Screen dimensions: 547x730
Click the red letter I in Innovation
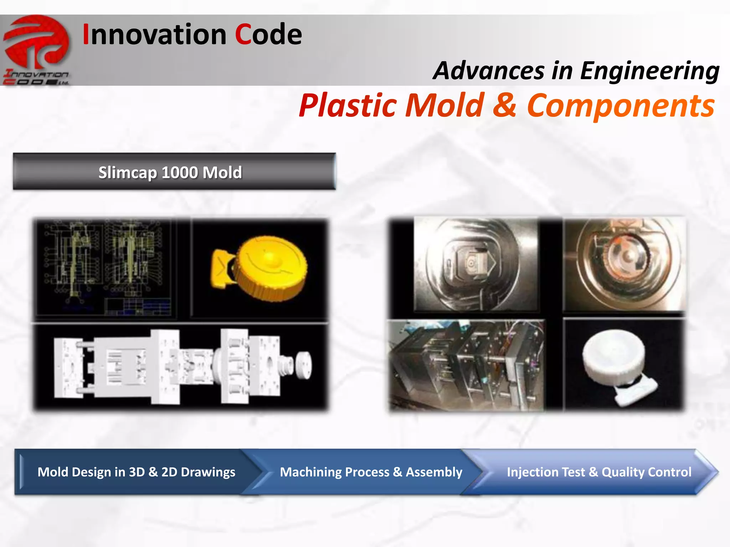click(86, 35)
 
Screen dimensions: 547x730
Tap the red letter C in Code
click(243, 35)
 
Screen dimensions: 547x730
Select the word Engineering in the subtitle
click(649, 71)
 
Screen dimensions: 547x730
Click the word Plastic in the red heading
click(348, 105)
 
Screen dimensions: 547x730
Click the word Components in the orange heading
click(621, 105)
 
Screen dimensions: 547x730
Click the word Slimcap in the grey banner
click(127, 173)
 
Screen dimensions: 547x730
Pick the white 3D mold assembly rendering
click(182, 367)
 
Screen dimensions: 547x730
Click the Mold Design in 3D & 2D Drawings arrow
click(136, 472)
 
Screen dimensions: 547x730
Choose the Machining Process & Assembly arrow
click(371, 472)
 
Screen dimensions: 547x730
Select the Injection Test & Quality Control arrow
click(599, 472)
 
